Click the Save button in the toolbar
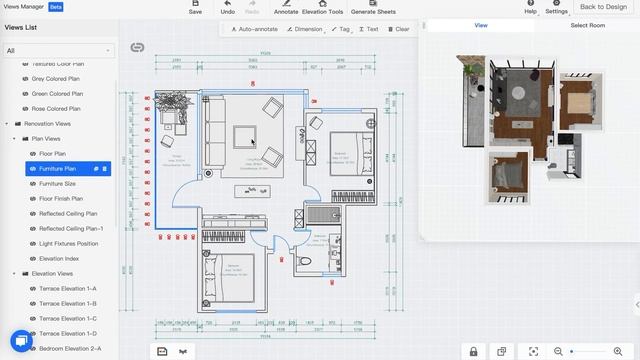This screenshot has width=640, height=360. [195, 8]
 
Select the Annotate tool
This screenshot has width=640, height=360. [286, 8]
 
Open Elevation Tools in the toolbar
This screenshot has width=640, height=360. [322, 8]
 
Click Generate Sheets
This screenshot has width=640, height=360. [371, 8]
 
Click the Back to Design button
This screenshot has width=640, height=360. [603, 7]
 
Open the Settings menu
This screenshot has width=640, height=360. [557, 8]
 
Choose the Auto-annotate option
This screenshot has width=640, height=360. [254, 29]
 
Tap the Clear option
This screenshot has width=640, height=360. [398, 29]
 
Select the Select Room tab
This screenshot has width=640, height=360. [587, 25]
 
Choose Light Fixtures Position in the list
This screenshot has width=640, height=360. [68, 243]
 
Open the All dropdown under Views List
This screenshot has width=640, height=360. [59, 49]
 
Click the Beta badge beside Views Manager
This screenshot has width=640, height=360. [56, 6]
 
